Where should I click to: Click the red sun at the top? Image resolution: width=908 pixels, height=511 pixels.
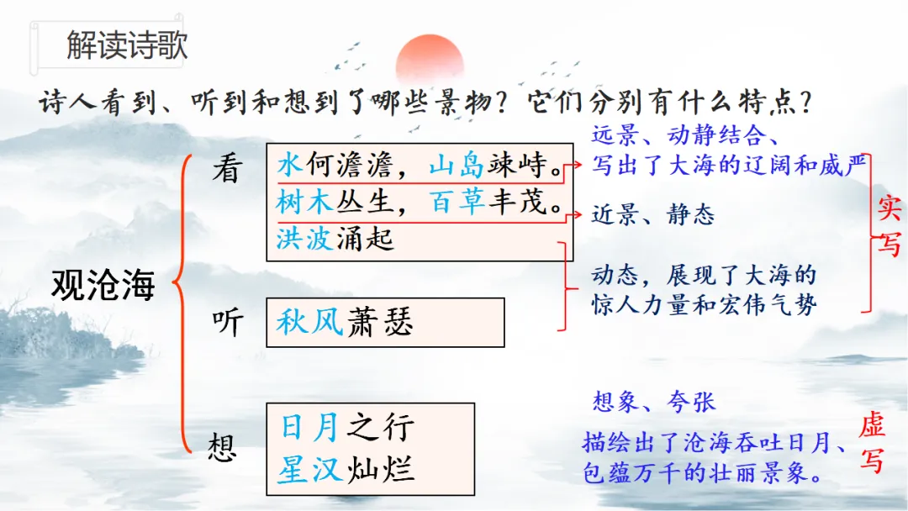coord(430,61)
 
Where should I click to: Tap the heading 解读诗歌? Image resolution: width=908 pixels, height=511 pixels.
coord(127,45)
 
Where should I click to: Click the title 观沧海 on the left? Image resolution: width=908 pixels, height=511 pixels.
coord(103,285)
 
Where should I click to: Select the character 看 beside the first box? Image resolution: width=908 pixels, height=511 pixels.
coord(228,169)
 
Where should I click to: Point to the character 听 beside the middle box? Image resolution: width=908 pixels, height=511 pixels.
coord(228,323)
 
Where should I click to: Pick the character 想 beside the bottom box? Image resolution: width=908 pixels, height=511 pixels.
coord(223,447)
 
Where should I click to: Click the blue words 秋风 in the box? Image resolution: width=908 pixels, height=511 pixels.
coord(310,322)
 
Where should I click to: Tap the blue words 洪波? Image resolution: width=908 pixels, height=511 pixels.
coord(304,239)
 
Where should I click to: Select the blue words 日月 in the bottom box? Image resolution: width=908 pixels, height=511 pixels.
coord(310,426)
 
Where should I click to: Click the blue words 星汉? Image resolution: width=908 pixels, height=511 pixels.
coord(310,469)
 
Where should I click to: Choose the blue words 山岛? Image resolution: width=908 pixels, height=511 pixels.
coord(457,165)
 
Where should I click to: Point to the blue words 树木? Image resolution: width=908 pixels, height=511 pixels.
coord(304,202)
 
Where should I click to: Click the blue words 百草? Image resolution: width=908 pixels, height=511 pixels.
coord(457,202)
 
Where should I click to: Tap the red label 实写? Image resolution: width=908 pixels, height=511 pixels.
coord(889,226)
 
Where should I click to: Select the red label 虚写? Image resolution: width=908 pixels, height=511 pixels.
coord(872,443)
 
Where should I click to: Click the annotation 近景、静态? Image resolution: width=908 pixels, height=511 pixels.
coord(652,214)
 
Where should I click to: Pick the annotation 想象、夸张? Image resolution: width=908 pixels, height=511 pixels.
coord(654,401)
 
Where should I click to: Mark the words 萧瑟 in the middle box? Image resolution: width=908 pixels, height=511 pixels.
coord(381,322)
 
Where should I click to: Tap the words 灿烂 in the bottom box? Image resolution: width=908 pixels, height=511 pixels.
coord(381,469)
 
